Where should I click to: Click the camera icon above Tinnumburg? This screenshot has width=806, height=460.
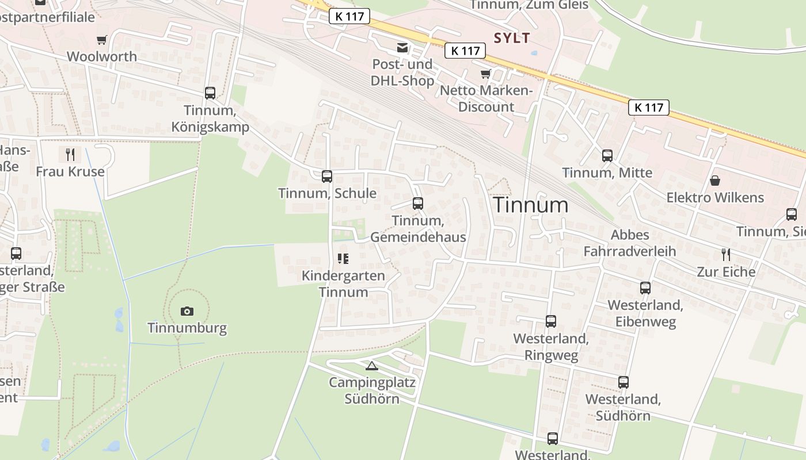pyautogui.click(x=187, y=311)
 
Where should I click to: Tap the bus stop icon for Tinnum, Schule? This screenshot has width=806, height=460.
pyautogui.click(x=327, y=176)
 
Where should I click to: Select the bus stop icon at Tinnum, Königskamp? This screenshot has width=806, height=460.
pyautogui.click(x=210, y=93)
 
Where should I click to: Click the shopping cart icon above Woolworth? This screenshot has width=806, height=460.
pyautogui.click(x=102, y=40)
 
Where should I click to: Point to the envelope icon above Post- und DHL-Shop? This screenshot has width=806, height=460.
pyautogui.click(x=402, y=47)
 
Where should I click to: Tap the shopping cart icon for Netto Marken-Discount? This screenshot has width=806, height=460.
pyautogui.click(x=486, y=74)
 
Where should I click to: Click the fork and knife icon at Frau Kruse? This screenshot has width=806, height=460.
pyautogui.click(x=70, y=154)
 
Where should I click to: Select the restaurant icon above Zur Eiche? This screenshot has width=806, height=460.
pyautogui.click(x=726, y=254)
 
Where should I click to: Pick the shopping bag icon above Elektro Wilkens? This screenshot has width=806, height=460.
pyautogui.click(x=715, y=181)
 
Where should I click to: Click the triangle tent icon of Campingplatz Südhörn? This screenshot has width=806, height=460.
pyautogui.click(x=372, y=365)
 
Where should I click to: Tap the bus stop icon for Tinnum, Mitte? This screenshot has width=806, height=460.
pyautogui.click(x=607, y=155)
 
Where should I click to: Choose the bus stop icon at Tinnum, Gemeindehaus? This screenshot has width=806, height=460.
pyautogui.click(x=418, y=203)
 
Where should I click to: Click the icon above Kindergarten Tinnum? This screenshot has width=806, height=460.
pyautogui.click(x=343, y=259)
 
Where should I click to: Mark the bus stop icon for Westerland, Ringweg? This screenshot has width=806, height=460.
pyautogui.click(x=551, y=321)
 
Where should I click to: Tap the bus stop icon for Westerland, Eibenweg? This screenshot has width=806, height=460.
pyautogui.click(x=645, y=287)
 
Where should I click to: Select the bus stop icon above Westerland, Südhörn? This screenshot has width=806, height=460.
pyautogui.click(x=623, y=382)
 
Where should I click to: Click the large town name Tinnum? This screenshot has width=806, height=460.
pyautogui.click(x=531, y=205)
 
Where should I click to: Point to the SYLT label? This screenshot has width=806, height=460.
pyautogui.click(x=512, y=38)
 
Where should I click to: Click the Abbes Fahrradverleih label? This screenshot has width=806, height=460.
pyautogui.click(x=630, y=243)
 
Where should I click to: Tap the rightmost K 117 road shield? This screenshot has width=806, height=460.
pyautogui.click(x=649, y=108)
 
